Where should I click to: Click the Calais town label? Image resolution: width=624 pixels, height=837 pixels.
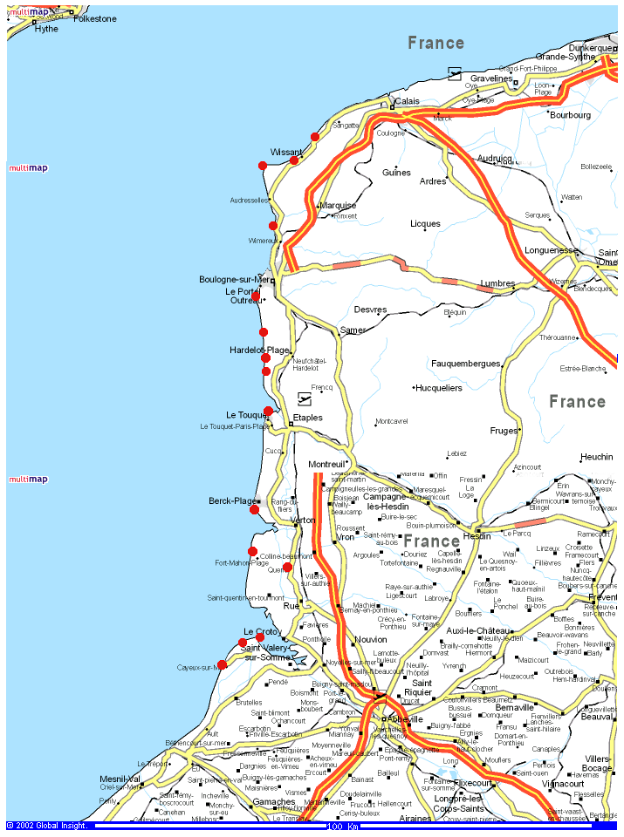pyautogui.click(x=408, y=101)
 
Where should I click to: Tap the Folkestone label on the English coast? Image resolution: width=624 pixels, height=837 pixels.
pyautogui.click(x=95, y=18)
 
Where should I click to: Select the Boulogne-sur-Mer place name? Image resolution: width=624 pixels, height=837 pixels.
pyautogui.click(x=235, y=279)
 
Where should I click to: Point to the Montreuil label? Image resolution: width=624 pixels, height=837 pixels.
pyautogui.click(x=327, y=465)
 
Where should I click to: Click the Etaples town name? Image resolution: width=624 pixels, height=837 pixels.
pyautogui.click(x=307, y=418)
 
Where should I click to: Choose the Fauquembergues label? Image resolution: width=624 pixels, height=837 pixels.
pyautogui.click(x=465, y=363)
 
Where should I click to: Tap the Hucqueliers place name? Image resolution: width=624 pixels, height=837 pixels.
pyautogui.click(x=439, y=387)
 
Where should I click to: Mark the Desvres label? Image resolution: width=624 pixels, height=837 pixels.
pyautogui.click(x=370, y=310)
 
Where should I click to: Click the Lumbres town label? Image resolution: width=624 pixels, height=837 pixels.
pyautogui.click(x=497, y=283)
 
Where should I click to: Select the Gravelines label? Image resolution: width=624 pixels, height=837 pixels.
pyautogui.click(x=492, y=78)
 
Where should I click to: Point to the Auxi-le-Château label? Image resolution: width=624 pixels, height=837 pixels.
pyautogui.click(x=477, y=630)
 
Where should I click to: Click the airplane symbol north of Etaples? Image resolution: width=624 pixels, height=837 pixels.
pyautogui.click(x=304, y=399)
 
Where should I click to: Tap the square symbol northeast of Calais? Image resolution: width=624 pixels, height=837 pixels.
pyautogui.click(x=454, y=72)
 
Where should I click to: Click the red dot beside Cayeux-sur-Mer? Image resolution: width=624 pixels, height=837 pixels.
pyautogui.click(x=222, y=664)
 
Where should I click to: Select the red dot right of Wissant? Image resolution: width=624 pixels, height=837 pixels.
pyautogui.click(x=294, y=160)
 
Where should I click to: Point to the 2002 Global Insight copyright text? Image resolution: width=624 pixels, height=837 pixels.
pyautogui.click(x=47, y=826)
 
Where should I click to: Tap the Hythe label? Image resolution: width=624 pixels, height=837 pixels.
pyautogui.click(x=46, y=29)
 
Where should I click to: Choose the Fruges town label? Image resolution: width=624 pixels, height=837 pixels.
pyautogui.click(x=504, y=431)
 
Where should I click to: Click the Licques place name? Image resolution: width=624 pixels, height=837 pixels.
pyautogui.click(x=426, y=224)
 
